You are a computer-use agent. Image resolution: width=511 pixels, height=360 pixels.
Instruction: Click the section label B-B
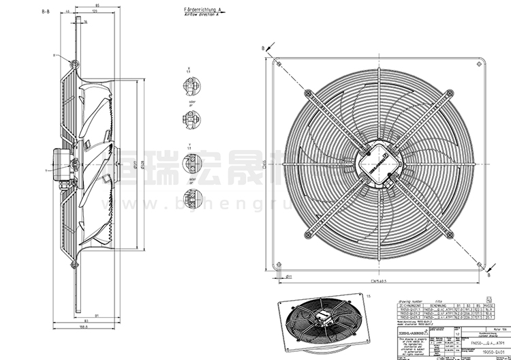(x=46, y=12)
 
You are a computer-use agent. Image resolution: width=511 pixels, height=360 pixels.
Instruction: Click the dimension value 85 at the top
(x=99, y=7)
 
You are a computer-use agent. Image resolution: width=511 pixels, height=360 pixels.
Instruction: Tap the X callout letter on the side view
(x=53, y=55)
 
